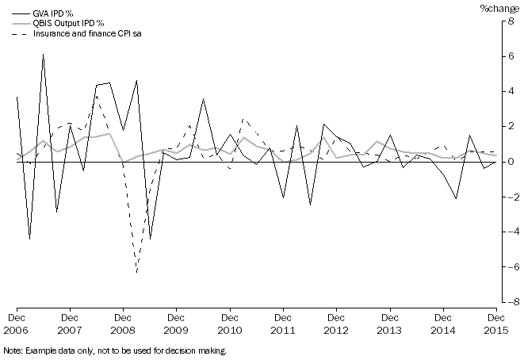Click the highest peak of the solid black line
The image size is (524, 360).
(43, 54)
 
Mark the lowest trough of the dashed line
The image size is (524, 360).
(136, 273)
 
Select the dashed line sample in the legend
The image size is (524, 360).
(15, 33)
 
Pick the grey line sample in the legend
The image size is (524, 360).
(15, 23)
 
